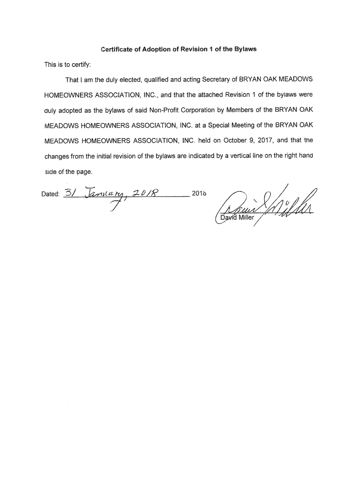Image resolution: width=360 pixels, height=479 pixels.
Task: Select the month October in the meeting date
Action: tap(235, 140)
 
